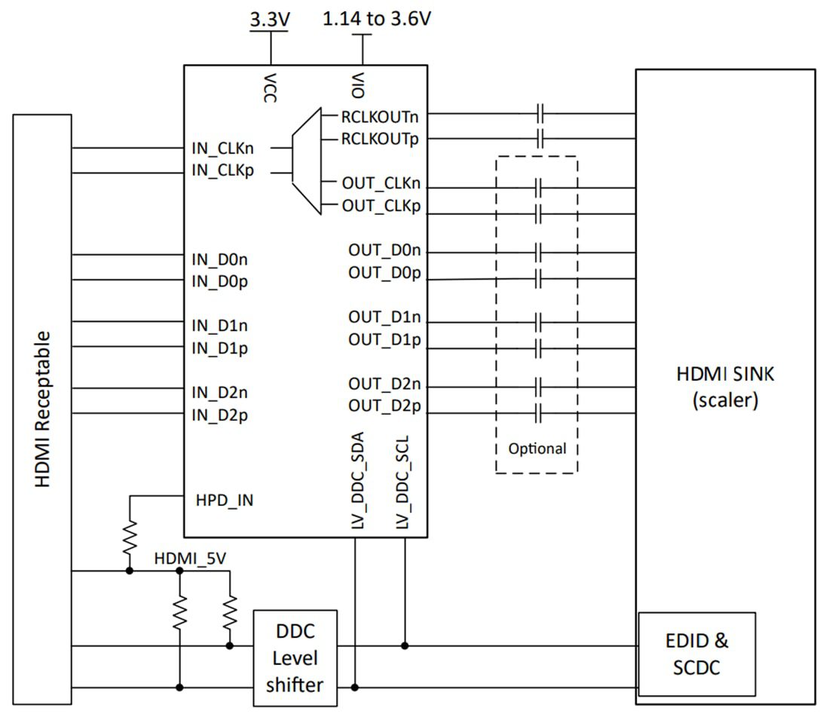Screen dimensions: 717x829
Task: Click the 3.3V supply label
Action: [270, 20]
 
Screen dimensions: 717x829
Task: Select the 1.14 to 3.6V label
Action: [377, 19]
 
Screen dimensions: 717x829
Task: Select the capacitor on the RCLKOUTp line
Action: [540, 139]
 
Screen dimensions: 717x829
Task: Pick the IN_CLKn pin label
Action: [224, 149]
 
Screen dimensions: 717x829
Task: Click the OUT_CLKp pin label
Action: [381, 206]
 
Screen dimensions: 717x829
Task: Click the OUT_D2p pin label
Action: [384, 406]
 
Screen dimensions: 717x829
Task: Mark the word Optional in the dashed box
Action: [537, 449]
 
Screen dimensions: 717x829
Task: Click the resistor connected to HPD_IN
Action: [130, 537]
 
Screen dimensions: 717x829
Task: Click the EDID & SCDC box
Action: [696, 654]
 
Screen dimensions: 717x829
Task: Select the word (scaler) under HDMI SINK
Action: [724, 400]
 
